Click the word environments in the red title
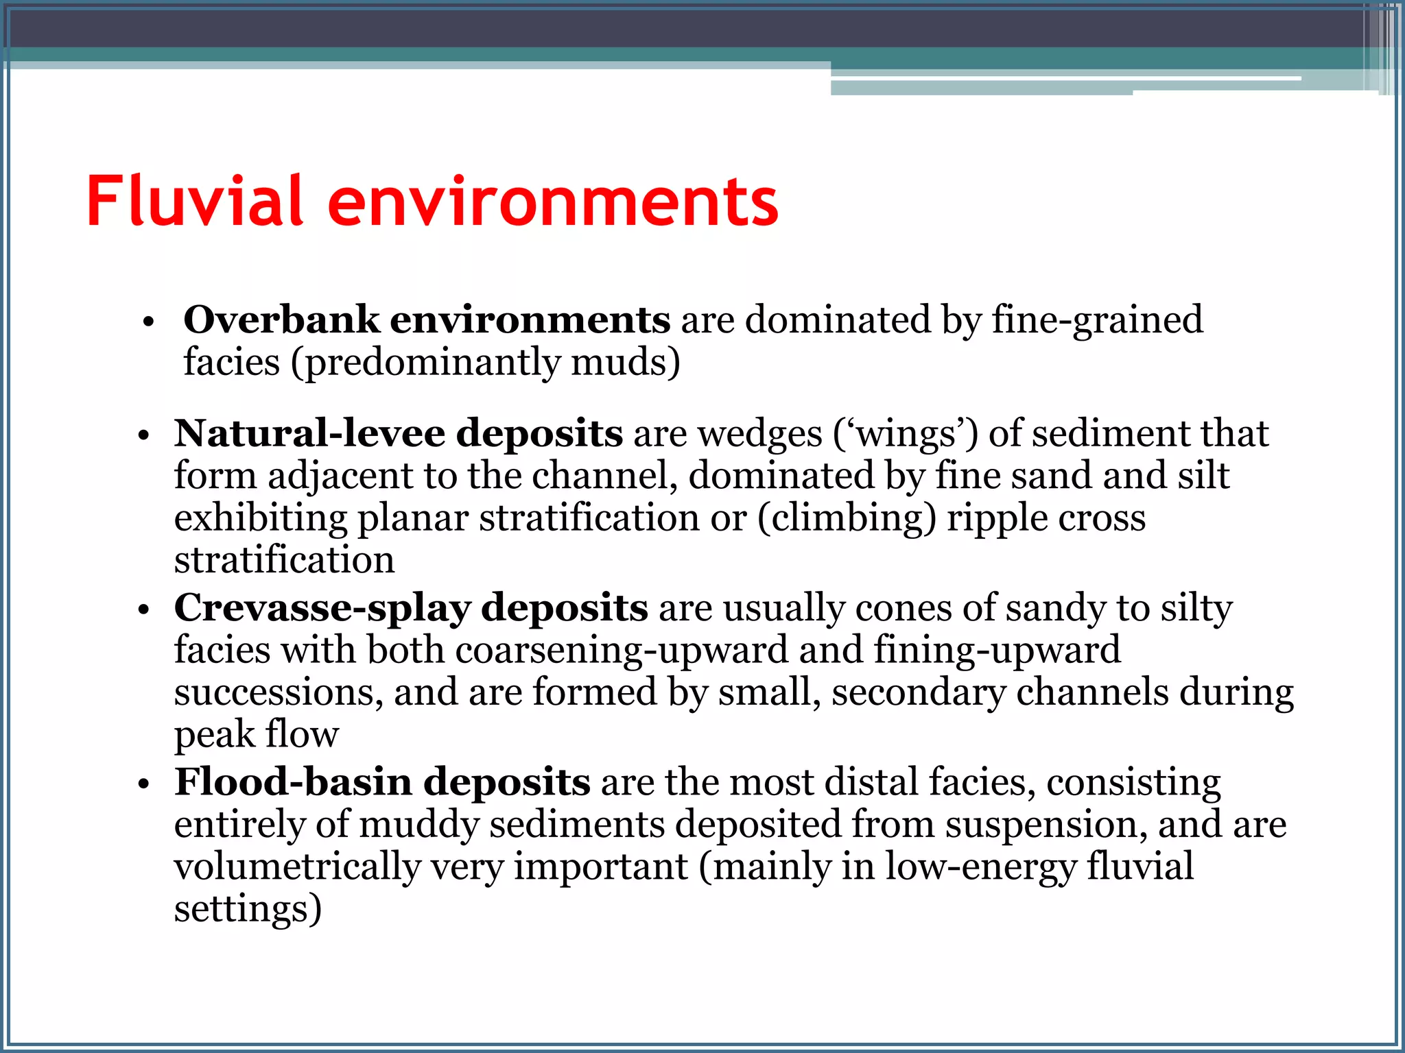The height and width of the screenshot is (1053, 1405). coord(553,202)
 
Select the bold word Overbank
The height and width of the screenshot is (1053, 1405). coord(281,319)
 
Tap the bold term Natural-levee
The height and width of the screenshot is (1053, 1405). coord(309,433)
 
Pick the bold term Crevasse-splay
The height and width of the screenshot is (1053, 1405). coord(322,607)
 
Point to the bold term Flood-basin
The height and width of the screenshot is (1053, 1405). coord(294,782)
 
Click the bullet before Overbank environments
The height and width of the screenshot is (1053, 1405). coord(148,322)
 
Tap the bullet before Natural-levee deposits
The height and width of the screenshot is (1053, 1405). coord(143,436)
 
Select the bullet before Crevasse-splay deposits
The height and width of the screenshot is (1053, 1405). coord(143,610)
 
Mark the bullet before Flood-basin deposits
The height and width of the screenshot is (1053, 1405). coord(143,784)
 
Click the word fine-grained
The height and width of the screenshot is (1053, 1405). coord(1097,321)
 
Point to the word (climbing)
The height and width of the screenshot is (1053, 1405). coord(847,518)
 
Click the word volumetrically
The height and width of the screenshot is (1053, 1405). coord(296,867)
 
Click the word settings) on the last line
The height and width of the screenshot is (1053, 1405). coord(248,909)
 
